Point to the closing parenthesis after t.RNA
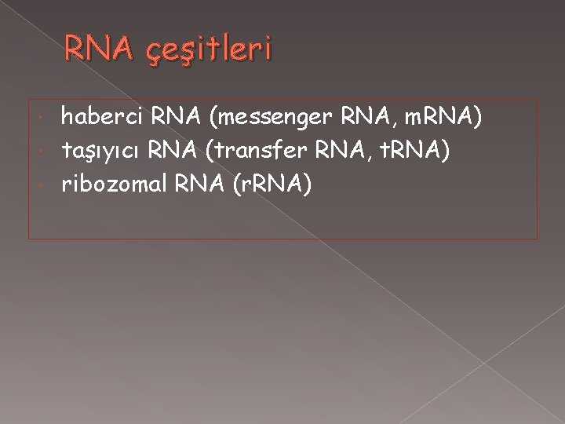click(445, 150)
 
